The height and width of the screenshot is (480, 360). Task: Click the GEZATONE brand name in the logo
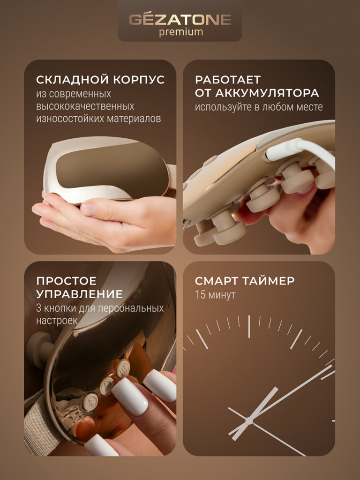click(180, 20)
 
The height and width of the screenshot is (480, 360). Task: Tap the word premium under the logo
click(180, 32)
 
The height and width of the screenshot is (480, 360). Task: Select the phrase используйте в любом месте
click(259, 107)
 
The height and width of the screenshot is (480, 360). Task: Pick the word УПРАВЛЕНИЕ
click(79, 294)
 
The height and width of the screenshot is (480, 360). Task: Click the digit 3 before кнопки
click(39, 308)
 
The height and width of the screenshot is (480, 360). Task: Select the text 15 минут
click(215, 295)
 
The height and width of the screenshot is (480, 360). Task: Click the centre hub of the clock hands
click(248, 420)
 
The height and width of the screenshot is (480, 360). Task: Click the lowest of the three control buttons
click(90, 401)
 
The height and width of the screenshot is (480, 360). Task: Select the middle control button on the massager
click(106, 385)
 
